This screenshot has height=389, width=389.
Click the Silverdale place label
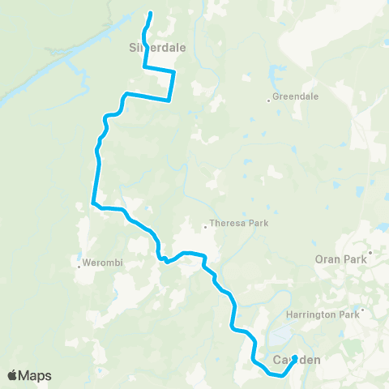(x=157, y=47)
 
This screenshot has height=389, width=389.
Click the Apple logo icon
(x=13, y=375)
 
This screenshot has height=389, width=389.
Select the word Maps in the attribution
(x=36, y=375)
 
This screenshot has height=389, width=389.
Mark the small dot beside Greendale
(x=269, y=100)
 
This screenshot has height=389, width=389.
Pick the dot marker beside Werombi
(x=79, y=266)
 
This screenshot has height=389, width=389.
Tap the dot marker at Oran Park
(x=369, y=252)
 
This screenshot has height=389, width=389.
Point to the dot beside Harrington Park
(x=362, y=309)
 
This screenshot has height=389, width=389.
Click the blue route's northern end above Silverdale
(x=151, y=12)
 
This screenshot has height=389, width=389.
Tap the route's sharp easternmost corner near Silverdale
(x=174, y=73)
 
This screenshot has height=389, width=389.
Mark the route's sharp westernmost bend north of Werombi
(x=94, y=203)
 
